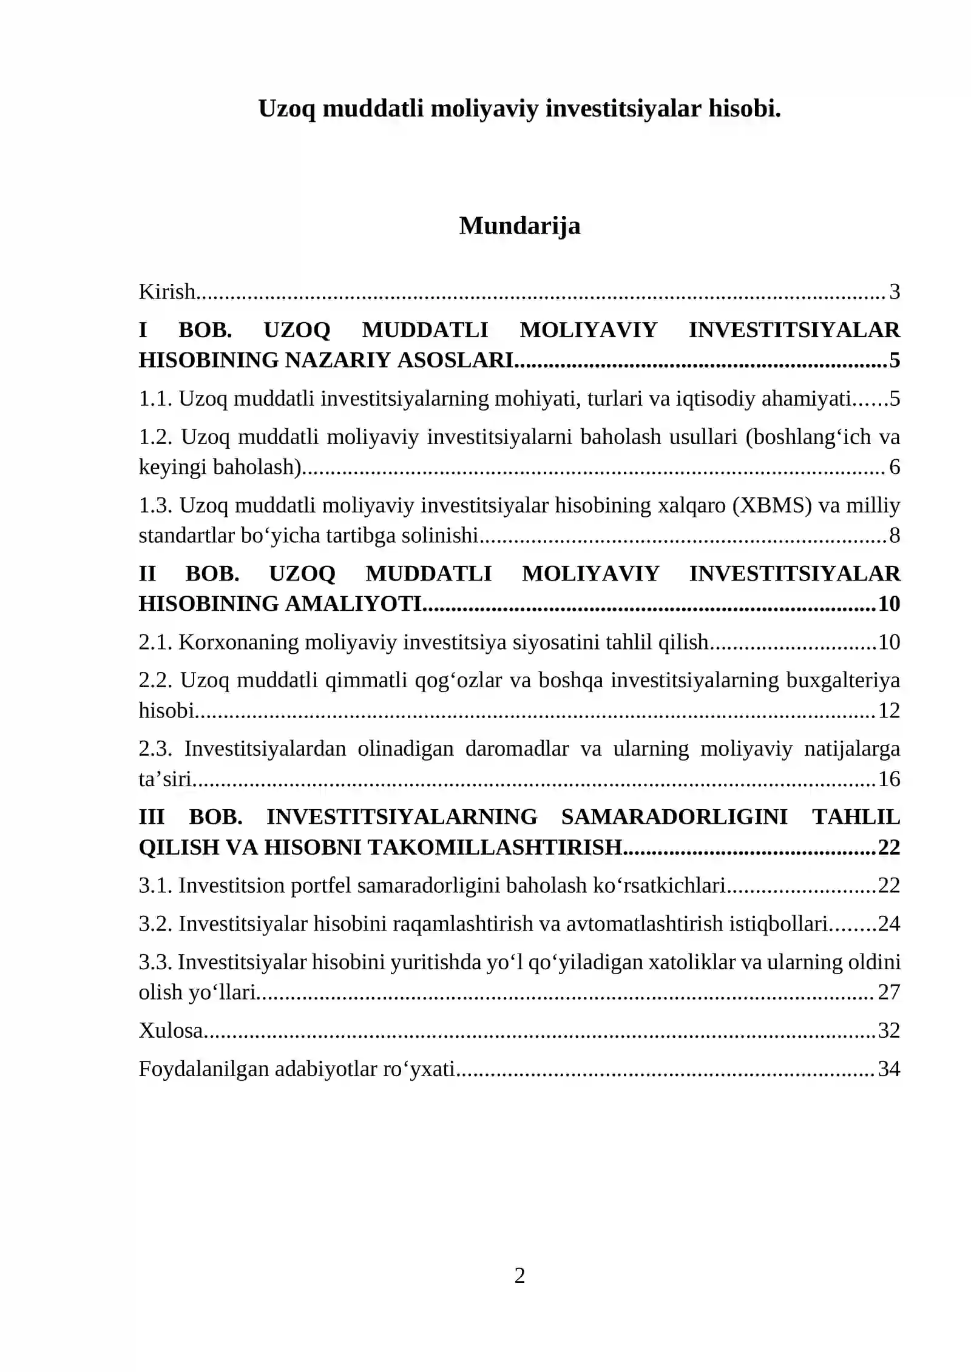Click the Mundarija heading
pyautogui.click(x=519, y=226)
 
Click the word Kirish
pyautogui.click(x=166, y=292)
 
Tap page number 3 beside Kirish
pyautogui.click(x=894, y=292)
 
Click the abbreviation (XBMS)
pyautogui.click(x=772, y=505)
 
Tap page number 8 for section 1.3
pyautogui.click(x=894, y=536)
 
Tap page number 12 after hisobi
pyautogui.click(x=888, y=711)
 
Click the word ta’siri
pyautogui.click(x=165, y=779)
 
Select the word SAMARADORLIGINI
pyautogui.click(x=674, y=818)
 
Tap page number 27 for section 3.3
pyautogui.click(x=888, y=993)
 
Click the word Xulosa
pyautogui.click(x=171, y=1031)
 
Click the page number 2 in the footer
pyautogui.click(x=519, y=1276)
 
